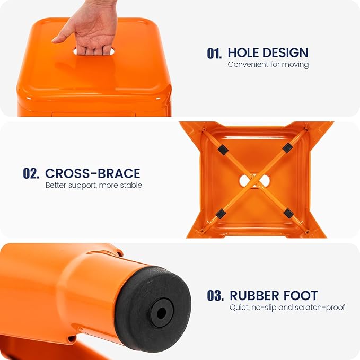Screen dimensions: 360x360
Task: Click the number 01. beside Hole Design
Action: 214,53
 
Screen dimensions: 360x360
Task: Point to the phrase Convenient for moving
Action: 268,65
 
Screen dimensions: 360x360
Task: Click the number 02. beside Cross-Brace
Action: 31,173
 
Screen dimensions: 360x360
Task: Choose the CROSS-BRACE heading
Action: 93,173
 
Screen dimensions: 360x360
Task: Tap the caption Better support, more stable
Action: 94,185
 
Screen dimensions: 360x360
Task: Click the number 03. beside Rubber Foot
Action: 215,295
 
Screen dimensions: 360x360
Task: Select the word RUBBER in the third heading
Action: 254,295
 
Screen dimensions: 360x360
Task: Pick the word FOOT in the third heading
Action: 301,295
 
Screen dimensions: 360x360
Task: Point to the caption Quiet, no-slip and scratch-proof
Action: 287,307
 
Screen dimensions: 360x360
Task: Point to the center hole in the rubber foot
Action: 161,312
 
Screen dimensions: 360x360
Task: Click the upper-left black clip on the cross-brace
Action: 223,150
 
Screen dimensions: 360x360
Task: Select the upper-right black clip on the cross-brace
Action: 287,147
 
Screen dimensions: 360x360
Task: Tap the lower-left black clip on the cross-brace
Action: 221,213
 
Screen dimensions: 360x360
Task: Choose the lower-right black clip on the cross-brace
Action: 288,213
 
